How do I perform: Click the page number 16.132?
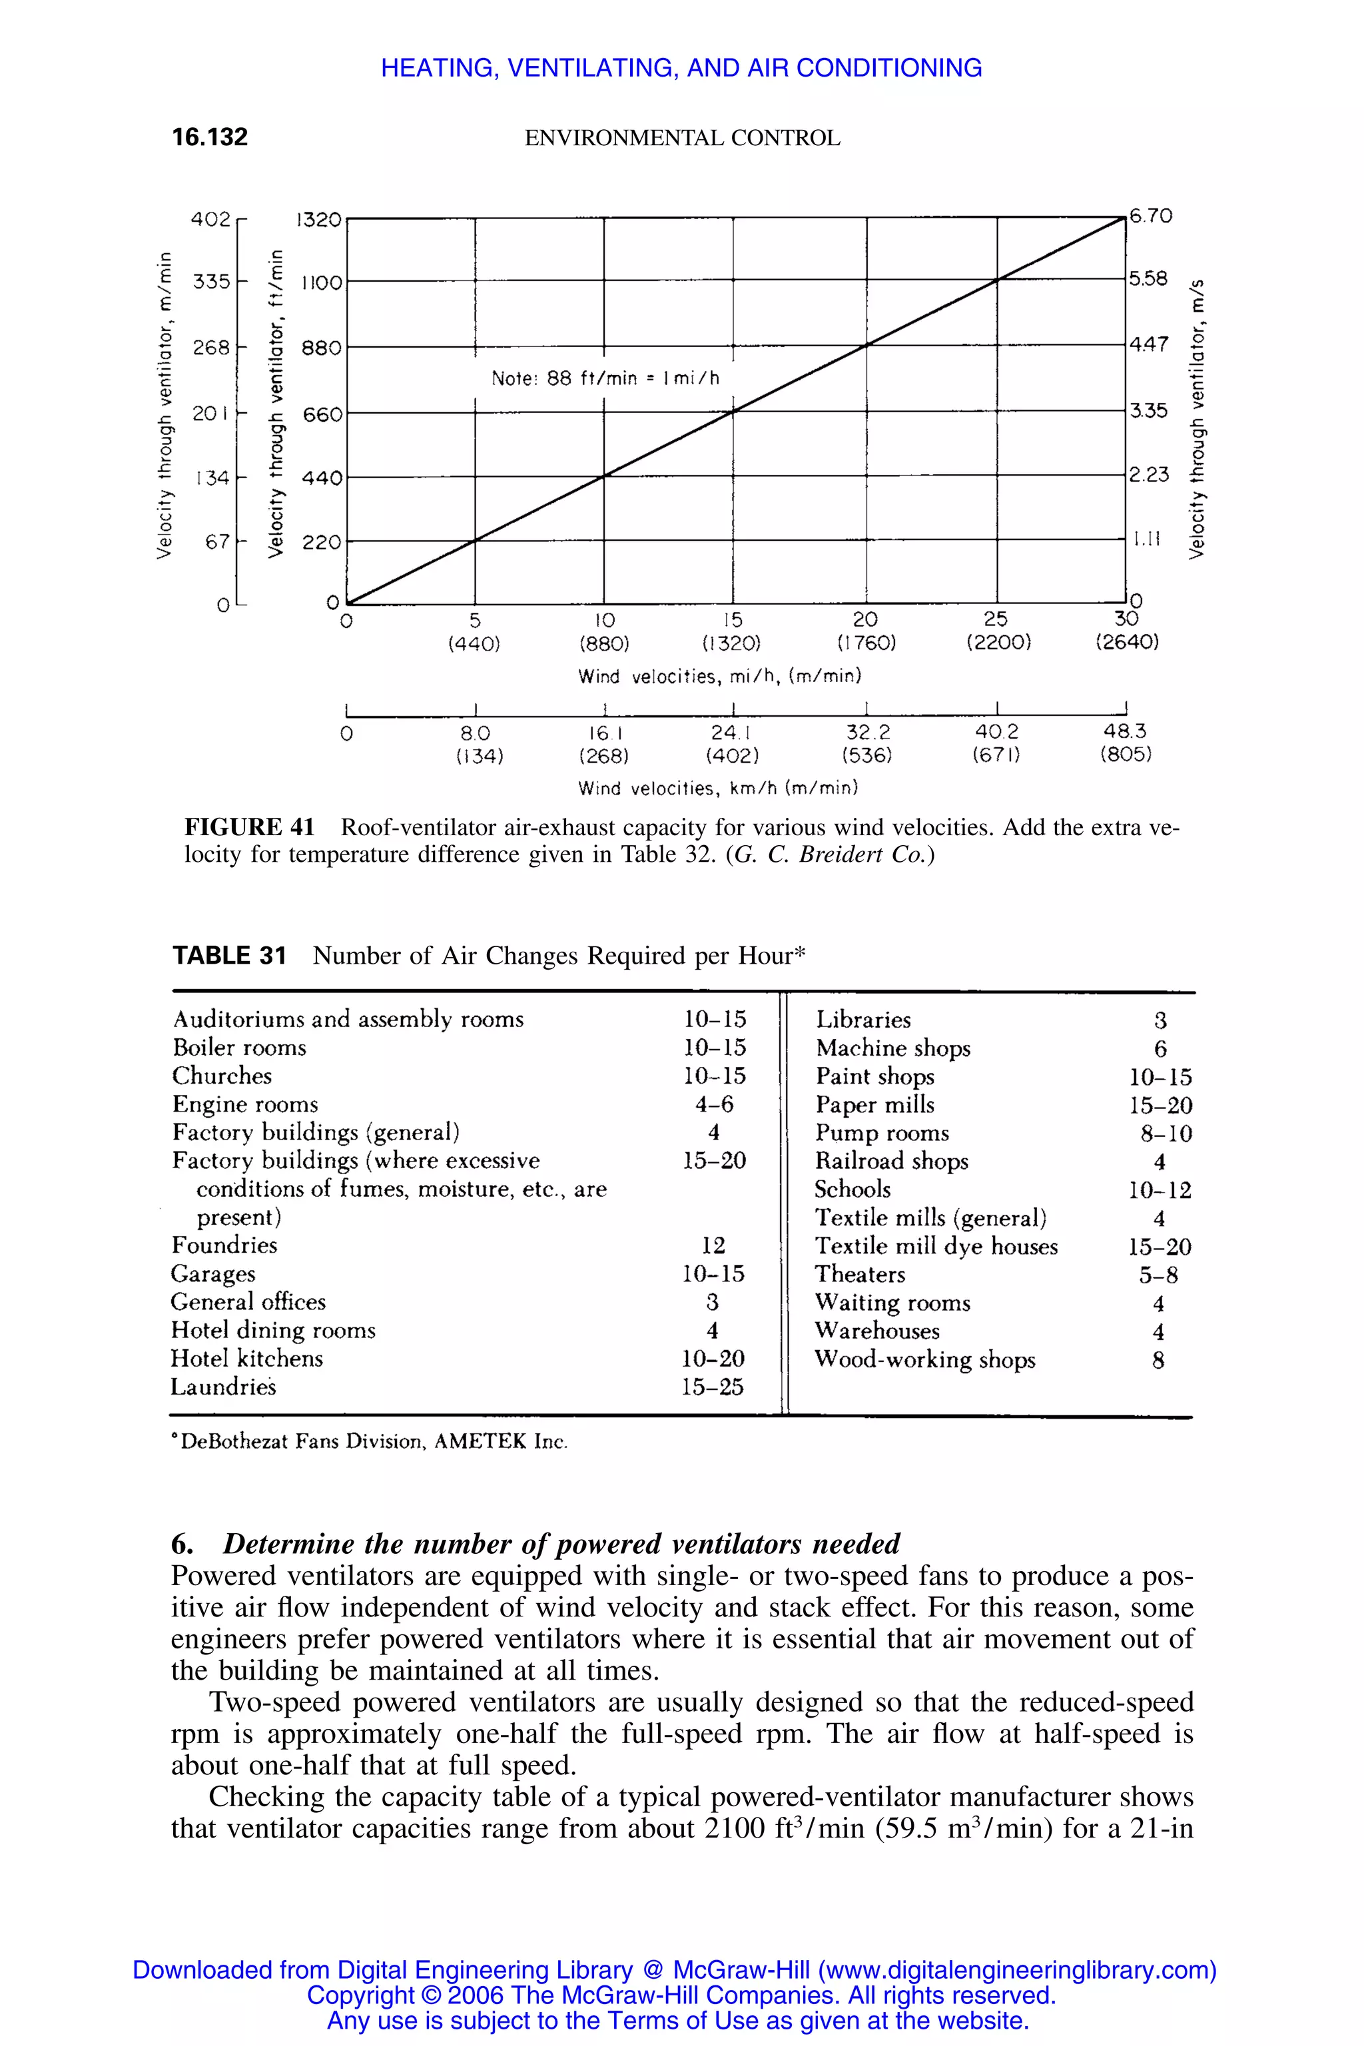tap(210, 137)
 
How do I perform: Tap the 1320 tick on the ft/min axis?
tap(318, 219)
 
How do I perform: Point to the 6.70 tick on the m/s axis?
tap(1151, 215)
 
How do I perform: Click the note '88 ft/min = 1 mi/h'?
tap(605, 378)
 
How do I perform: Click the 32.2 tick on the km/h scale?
tap(867, 733)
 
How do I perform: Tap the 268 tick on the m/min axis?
tap(211, 347)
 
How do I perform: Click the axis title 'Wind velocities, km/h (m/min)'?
tap(718, 788)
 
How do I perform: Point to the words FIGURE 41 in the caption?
tap(250, 827)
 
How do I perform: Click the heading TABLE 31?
tap(230, 956)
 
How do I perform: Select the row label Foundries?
tap(224, 1245)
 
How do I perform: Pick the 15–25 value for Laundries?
tap(713, 1387)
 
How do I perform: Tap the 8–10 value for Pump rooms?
tap(1166, 1134)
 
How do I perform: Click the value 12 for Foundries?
tap(713, 1245)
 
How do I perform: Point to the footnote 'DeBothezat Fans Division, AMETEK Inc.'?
tap(370, 1441)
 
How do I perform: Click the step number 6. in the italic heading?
tap(182, 1544)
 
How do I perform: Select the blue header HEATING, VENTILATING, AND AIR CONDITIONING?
tap(681, 68)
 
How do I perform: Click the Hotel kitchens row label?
tap(247, 1358)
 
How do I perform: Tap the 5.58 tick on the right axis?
tap(1148, 278)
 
